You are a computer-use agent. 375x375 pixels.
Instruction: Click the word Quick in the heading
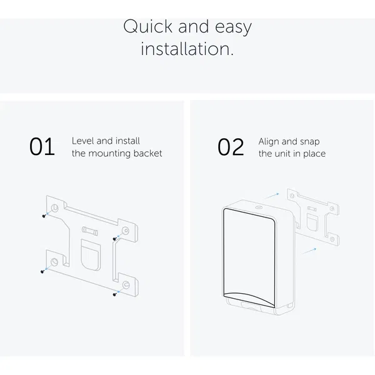pos(147,26)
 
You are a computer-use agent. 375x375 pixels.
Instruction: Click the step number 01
pos(42,146)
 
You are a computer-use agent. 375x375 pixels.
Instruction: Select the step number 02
pos(231,147)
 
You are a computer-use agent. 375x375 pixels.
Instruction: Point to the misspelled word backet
pos(147,153)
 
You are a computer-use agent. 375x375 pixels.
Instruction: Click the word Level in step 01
pos(83,141)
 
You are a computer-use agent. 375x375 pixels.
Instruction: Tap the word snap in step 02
pos(310,142)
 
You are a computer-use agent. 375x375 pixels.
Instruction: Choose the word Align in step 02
pos(269,142)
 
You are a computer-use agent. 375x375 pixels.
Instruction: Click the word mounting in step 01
pos(109,154)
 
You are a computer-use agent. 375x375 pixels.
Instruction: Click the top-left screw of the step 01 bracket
pos(44,216)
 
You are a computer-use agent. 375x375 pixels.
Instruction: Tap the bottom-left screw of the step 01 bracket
pos(42,271)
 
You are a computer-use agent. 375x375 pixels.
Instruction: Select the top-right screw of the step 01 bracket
pos(114,239)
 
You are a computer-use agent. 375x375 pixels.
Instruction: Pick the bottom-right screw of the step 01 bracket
pos(114,294)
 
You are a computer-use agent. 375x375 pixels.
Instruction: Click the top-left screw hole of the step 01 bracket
pos(55,207)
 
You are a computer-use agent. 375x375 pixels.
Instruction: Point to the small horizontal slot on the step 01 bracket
pos(89,231)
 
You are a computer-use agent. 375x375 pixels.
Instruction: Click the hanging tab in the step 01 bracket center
pos(91,255)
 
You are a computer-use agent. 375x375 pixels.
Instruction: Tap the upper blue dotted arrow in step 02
pos(271,196)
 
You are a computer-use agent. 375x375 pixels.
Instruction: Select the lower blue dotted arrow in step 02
pos(309,251)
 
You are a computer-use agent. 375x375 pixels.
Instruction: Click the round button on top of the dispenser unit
pos(258,207)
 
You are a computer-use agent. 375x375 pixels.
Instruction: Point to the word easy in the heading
pos(233,27)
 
